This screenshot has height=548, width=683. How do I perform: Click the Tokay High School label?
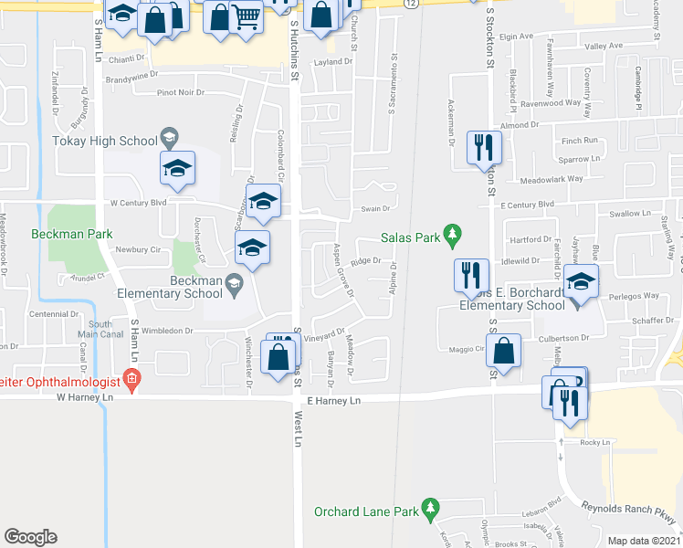coord(105,141)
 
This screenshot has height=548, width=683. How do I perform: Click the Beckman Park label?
coord(71,234)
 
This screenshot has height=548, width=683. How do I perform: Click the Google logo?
coord(30,537)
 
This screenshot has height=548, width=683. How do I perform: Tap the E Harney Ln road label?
coord(334,401)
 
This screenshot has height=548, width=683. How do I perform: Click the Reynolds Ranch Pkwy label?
coord(630,518)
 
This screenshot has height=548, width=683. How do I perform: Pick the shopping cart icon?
coord(247,16)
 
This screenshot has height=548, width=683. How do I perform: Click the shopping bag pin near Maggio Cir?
coord(503,350)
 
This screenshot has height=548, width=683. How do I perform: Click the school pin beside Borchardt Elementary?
coord(579,281)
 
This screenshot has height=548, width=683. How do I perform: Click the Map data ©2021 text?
coord(644,541)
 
